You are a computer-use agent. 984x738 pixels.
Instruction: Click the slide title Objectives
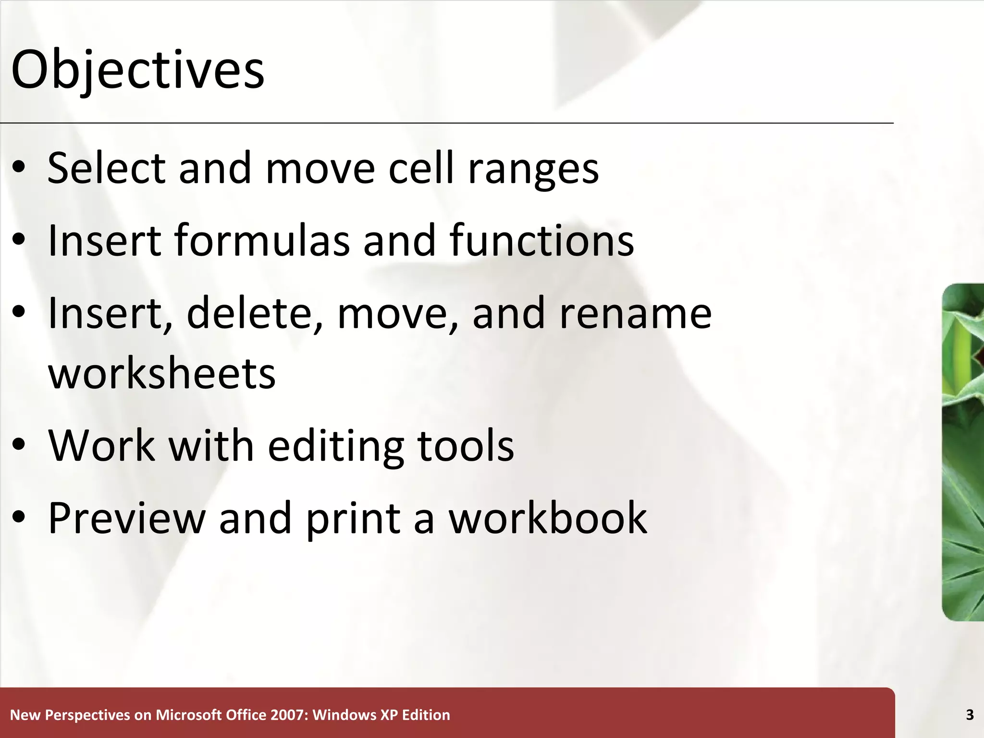pyautogui.click(x=137, y=70)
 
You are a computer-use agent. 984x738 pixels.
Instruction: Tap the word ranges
pyautogui.click(x=533, y=169)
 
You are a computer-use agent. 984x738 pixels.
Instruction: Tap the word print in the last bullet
pyautogui.click(x=353, y=519)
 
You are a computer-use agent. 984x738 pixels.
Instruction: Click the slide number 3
pyautogui.click(x=970, y=715)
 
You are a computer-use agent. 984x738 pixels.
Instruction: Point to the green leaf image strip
pyautogui.click(x=963, y=452)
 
